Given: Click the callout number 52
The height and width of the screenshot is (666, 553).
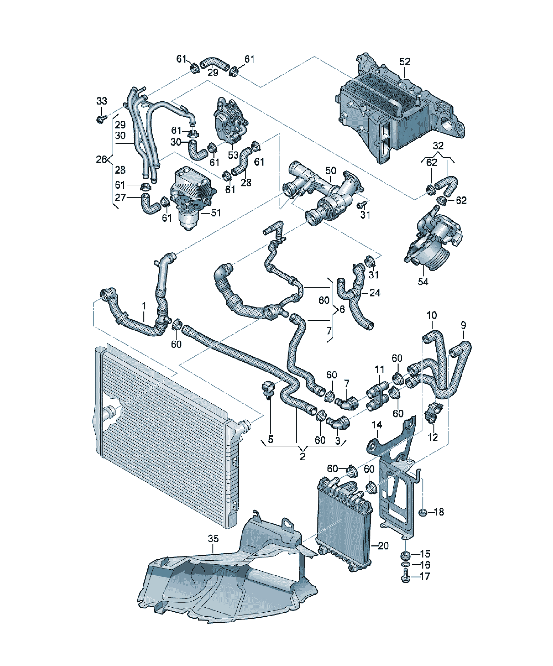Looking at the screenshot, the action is (405, 62).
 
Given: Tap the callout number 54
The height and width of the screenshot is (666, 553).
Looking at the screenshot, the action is (423, 282).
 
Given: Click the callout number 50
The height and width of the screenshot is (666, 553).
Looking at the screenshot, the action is (331, 171).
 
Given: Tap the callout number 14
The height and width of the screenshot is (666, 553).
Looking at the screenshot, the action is (377, 424).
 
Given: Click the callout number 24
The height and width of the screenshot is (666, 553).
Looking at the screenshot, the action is (375, 292).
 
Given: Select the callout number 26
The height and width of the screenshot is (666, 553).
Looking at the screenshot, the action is (101, 159).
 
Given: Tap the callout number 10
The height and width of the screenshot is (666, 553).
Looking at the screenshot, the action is (431, 315).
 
